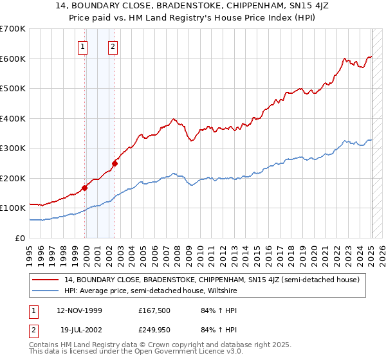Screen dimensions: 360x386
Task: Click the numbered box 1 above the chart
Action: [83, 46]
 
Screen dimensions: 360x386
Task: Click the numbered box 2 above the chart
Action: [113, 46]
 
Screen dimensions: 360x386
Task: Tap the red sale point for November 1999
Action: [84, 188]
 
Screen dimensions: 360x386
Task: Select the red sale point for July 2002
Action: [115, 163]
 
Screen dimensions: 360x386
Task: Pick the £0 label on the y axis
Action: [21, 238]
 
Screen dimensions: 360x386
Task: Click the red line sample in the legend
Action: [46, 280]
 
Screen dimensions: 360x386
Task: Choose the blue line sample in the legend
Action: [46, 291]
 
